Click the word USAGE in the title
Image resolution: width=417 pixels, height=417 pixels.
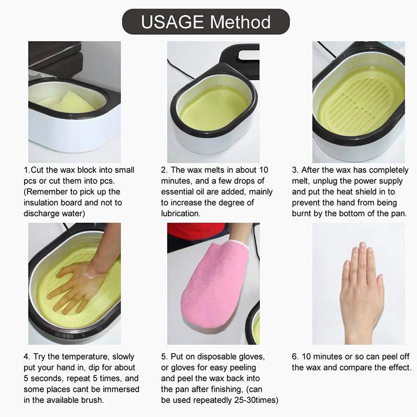[172, 22]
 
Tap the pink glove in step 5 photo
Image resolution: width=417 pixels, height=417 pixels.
[210, 284]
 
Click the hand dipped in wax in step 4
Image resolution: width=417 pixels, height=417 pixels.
[78, 281]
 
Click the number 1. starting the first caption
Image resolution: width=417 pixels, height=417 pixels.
[27, 170]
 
